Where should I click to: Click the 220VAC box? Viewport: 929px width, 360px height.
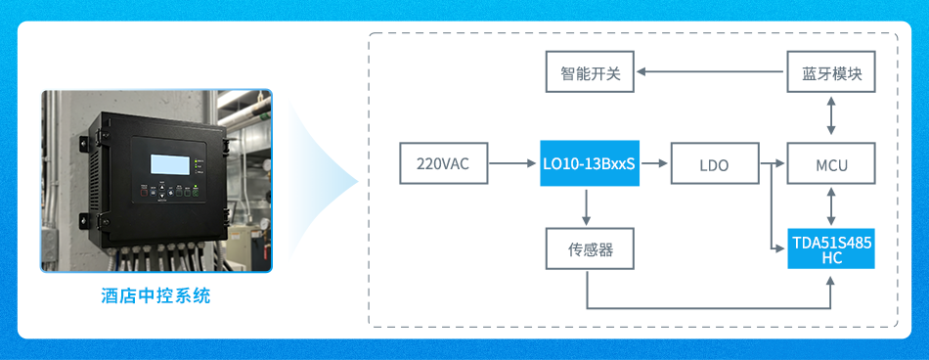(444, 163)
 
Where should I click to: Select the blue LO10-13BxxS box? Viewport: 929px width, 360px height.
(590, 163)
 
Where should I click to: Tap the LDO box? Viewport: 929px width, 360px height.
(715, 163)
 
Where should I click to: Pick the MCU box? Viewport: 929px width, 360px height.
(831, 163)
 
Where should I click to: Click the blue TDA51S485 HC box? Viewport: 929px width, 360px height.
(831, 247)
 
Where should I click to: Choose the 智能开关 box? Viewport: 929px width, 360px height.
(590, 71)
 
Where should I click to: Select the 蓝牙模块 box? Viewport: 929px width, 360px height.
(831, 71)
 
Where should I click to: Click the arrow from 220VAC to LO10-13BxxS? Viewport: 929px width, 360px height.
(512, 163)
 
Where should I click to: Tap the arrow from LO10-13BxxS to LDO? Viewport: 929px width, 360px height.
(654, 163)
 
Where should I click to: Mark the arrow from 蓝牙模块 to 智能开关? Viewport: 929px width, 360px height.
(710, 71)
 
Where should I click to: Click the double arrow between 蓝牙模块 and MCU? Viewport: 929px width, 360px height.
(831, 117)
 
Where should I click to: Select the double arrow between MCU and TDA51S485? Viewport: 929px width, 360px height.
(831, 205)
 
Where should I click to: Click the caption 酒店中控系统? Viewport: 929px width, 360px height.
(155, 295)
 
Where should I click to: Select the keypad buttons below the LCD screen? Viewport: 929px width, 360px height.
(170, 191)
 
